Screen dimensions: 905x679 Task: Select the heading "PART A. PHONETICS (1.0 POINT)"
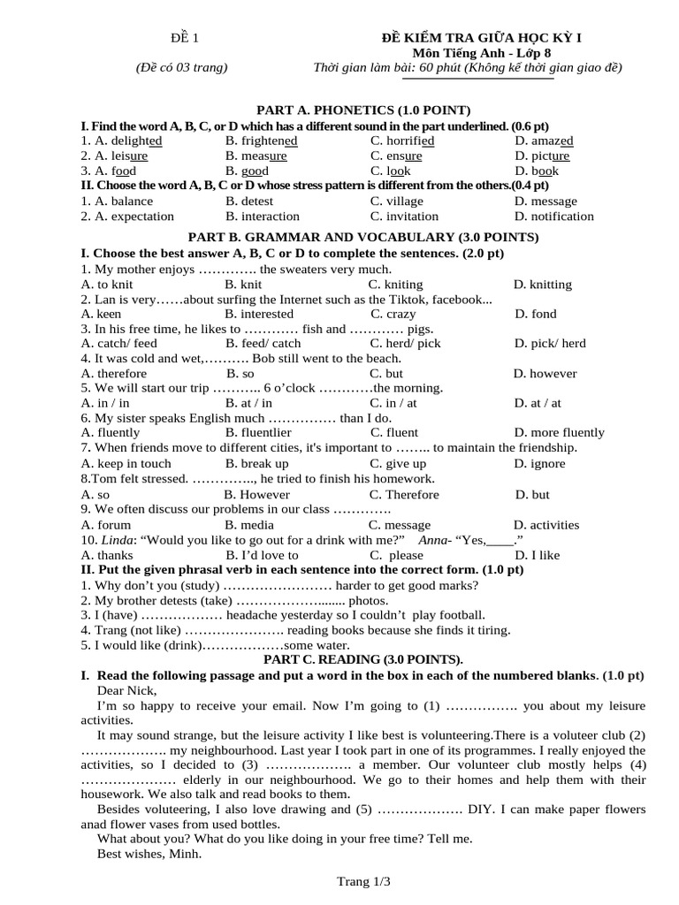tap(362, 110)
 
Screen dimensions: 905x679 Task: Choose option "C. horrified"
tap(402, 141)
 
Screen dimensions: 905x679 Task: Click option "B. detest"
tap(249, 201)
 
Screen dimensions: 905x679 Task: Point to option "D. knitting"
tap(542, 285)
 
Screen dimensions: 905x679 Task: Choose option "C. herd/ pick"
tap(405, 343)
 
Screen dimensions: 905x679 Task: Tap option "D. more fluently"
tap(559, 432)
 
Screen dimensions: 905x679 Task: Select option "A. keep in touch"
tap(126, 463)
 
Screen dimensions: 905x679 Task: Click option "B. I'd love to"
tap(262, 555)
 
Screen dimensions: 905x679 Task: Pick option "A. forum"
tap(105, 524)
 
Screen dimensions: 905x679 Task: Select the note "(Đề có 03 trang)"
tap(181, 67)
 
